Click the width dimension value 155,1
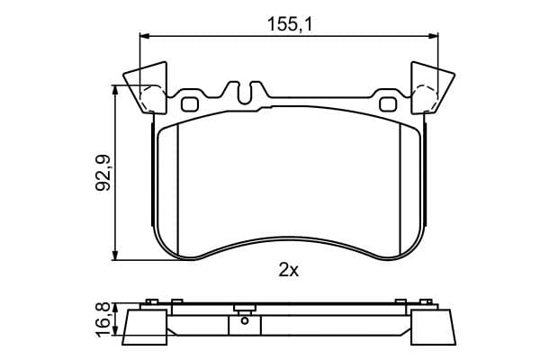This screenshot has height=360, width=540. click(x=289, y=25)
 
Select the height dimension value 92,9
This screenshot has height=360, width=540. click(x=102, y=172)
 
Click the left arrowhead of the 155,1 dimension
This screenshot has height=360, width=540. click(x=143, y=36)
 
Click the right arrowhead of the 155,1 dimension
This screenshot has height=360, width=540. click(x=436, y=36)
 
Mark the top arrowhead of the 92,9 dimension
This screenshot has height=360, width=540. click(x=116, y=91)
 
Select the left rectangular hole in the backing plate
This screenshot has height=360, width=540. click(x=189, y=103)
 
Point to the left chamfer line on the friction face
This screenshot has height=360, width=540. click(x=179, y=189)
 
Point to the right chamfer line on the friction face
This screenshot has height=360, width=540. click(x=400, y=189)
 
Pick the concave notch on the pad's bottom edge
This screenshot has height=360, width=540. click(x=288, y=242)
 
